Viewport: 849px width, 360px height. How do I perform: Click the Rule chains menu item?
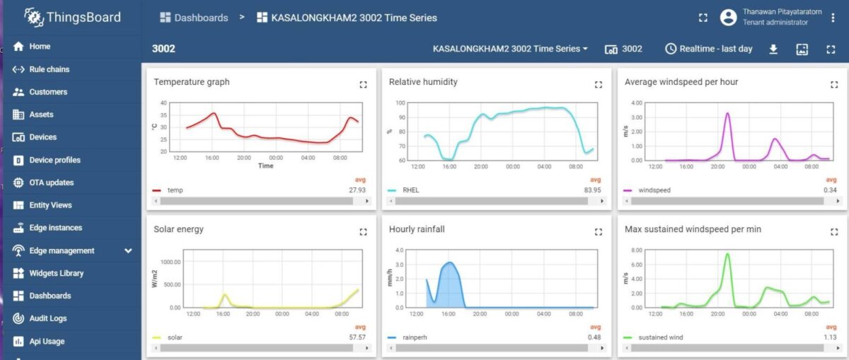click(49, 69)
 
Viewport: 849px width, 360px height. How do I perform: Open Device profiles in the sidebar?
click(54, 160)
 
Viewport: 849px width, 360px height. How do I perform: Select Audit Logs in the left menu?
click(47, 318)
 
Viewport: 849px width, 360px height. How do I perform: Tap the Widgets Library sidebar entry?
click(56, 273)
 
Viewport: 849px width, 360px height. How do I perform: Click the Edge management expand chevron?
click(128, 250)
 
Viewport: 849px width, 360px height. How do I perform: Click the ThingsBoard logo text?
click(83, 18)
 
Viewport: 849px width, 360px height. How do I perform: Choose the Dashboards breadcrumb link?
click(201, 18)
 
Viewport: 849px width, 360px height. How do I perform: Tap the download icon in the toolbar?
click(773, 49)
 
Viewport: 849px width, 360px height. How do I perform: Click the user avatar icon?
click(728, 18)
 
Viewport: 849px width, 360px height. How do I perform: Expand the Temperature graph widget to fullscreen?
click(363, 84)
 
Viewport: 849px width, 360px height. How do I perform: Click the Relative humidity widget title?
click(423, 82)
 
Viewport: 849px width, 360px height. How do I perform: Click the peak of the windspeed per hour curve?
click(727, 113)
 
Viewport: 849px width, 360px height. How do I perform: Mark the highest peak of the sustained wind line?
click(727, 254)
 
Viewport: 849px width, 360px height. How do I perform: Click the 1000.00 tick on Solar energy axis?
click(171, 262)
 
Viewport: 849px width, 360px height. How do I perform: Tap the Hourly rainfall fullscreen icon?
click(599, 232)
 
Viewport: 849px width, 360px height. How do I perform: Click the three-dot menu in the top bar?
click(833, 18)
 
